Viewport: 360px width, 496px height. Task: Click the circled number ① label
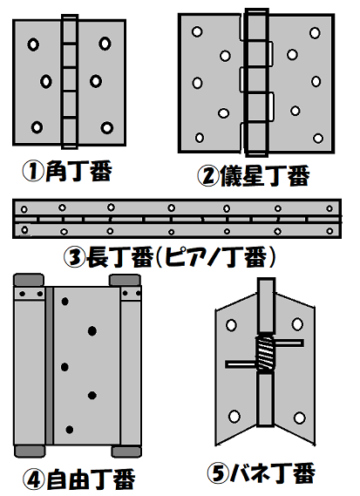tap(33, 171)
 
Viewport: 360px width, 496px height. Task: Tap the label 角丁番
tap(78, 171)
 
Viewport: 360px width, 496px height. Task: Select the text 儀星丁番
tap(264, 175)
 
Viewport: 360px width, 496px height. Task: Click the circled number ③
tap(75, 257)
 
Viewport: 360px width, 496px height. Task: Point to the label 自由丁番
tap(91, 479)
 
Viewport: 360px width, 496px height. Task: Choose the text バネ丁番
tap(273, 473)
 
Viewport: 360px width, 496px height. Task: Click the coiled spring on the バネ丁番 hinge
tap(265, 353)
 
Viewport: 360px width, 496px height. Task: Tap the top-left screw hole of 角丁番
tap(33, 44)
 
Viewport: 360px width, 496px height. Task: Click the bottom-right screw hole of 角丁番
tap(107, 127)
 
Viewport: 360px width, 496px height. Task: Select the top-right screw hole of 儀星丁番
tap(315, 33)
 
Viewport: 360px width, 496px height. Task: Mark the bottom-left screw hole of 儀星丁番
tap(200, 138)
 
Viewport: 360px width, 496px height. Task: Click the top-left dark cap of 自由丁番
tap(29, 281)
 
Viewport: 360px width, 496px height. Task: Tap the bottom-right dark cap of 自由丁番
tap(126, 452)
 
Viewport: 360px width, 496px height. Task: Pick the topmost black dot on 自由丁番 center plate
tap(65, 302)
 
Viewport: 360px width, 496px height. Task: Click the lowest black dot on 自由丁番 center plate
tap(70, 430)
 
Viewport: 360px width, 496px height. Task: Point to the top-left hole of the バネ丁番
tap(231, 325)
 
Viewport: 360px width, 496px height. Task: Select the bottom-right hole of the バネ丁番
tap(299, 418)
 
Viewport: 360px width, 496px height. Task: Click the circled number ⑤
tap(218, 473)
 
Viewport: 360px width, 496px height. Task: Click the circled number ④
tap(34, 479)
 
